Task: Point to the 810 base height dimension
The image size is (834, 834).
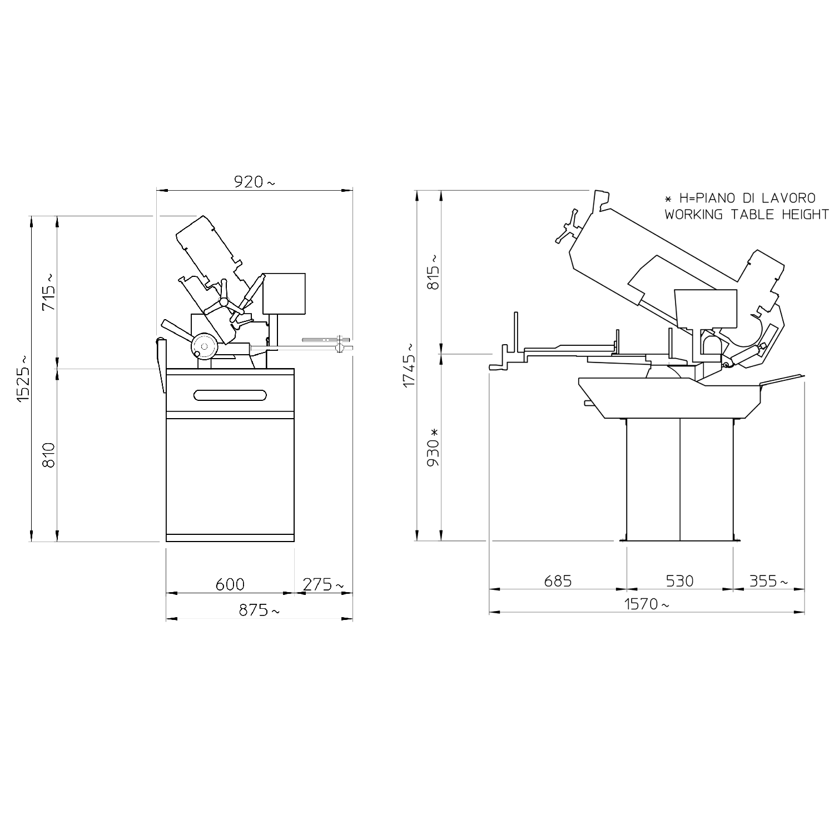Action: tap(49, 455)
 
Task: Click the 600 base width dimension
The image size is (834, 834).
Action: tap(230, 584)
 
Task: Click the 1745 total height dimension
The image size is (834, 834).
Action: tap(409, 365)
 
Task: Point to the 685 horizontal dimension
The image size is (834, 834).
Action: tap(558, 581)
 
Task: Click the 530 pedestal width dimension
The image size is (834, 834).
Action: tap(679, 581)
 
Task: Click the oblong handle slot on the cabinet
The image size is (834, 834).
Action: tap(230, 395)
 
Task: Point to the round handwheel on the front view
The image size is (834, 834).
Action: tap(204, 346)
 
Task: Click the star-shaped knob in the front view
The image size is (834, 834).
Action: tap(225, 302)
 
